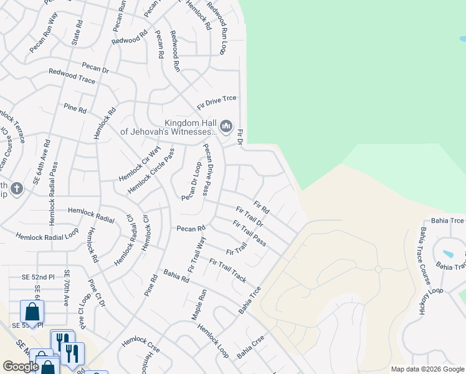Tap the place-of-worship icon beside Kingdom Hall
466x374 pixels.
click(226, 127)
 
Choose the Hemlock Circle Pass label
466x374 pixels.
click(151, 170)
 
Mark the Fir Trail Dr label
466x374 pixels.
click(250, 216)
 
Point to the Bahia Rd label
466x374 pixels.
click(176, 276)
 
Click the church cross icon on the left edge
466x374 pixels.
click(17, 188)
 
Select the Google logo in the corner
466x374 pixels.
click(21, 367)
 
